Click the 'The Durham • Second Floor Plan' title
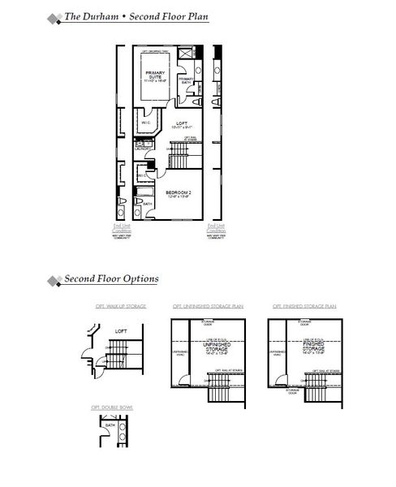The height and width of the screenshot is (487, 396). (136, 16)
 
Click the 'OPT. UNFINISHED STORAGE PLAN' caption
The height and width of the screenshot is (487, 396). (208, 307)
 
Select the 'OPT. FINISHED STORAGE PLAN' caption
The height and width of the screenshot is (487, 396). (304, 307)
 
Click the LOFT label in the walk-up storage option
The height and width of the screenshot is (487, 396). (121, 331)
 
